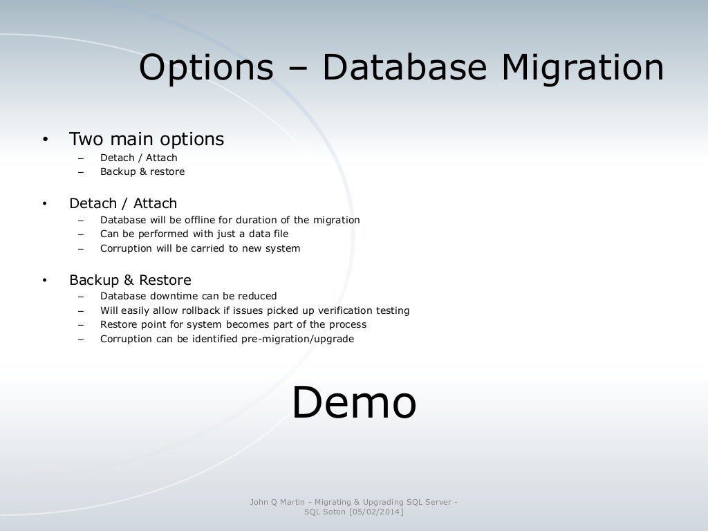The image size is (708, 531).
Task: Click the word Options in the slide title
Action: (205, 68)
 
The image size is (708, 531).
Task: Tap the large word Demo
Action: (353, 403)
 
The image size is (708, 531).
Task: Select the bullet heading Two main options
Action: (147, 139)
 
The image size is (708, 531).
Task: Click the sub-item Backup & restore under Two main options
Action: (142, 171)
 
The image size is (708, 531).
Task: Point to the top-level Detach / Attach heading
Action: (123, 203)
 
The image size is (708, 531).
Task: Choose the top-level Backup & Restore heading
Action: (130, 280)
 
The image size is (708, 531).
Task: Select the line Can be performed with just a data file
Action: (194, 234)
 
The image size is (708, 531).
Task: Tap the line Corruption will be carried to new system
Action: (200, 248)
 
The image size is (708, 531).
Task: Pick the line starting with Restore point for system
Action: (233, 324)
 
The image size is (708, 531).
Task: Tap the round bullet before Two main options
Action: (45, 140)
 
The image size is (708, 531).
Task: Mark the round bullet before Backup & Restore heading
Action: (45, 281)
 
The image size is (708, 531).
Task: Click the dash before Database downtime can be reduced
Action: (81, 297)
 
